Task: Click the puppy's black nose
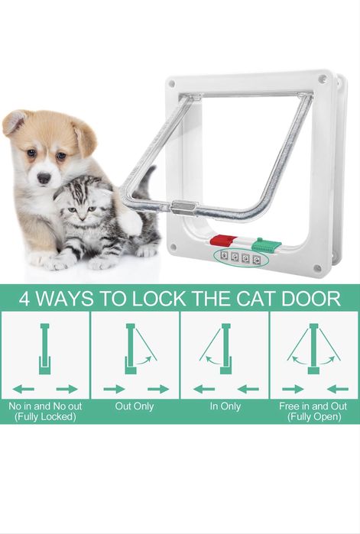tap(44, 178)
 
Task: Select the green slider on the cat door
tap(266, 244)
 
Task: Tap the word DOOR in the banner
tap(310, 299)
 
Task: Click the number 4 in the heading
tap(24, 299)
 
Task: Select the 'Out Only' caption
tap(135, 406)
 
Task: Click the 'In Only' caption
tap(225, 406)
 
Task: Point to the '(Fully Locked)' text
tap(45, 416)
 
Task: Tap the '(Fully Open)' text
tap(314, 416)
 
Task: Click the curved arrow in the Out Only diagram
tap(144, 361)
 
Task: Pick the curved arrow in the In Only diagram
tap(213, 361)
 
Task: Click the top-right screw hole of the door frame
tap(321, 79)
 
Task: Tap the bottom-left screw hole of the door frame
tap(173, 247)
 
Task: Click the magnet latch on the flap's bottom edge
tap(185, 207)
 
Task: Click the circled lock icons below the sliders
tap(241, 257)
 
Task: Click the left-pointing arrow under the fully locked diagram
tap(24, 389)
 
